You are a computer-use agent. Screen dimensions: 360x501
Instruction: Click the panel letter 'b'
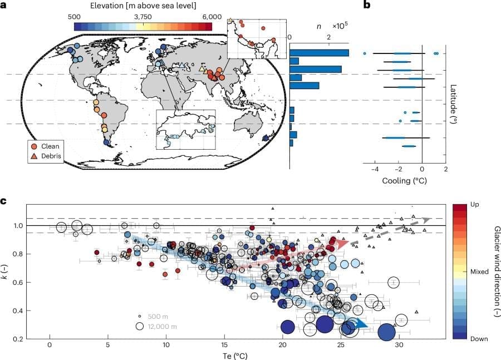[x=367, y=6]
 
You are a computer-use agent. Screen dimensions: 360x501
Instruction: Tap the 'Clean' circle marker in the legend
[x=35, y=146]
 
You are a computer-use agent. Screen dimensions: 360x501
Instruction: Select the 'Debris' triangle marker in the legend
[x=35, y=157]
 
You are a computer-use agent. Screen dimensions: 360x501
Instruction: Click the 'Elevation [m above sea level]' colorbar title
[x=141, y=7]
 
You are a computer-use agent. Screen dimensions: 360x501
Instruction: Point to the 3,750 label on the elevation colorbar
[x=143, y=17]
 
